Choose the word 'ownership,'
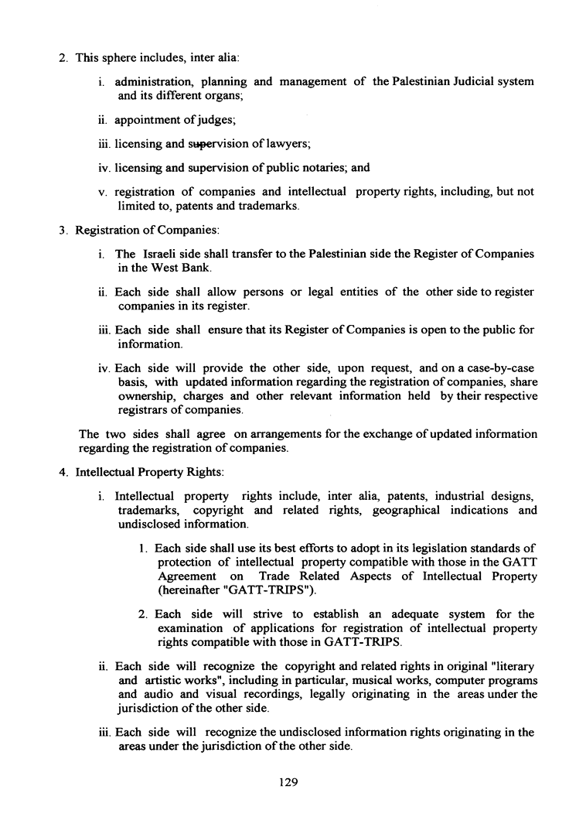148,396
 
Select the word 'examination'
188,628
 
